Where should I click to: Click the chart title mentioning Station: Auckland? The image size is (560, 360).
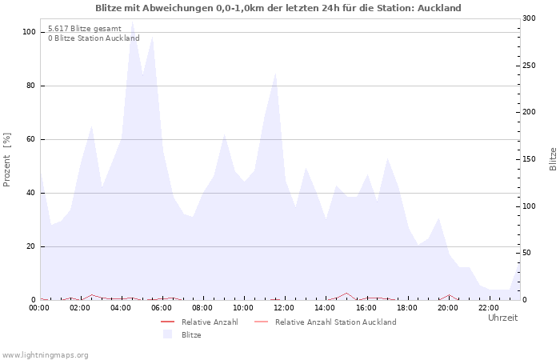[x=278, y=8]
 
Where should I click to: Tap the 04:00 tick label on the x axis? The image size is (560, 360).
[x=122, y=308]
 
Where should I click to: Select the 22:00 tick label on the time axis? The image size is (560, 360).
[x=488, y=308]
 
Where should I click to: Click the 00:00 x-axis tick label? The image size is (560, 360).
[x=40, y=308]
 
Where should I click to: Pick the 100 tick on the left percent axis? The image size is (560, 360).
[x=30, y=32]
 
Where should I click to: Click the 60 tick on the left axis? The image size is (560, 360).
[x=31, y=139]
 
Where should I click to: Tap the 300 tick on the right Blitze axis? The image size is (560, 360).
[x=530, y=18]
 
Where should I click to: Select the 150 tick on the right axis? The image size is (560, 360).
[x=530, y=159]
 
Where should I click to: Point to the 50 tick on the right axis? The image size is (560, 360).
[x=527, y=253]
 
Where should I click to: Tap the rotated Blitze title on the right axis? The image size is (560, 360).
[x=553, y=158]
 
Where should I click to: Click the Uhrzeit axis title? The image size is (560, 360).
[x=502, y=318]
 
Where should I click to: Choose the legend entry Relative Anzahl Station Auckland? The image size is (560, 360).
[x=335, y=322]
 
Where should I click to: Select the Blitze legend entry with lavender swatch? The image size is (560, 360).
[x=191, y=335]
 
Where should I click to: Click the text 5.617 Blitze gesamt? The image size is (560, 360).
[x=85, y=28]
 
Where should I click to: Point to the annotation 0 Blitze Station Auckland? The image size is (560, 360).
[x=94, y=38]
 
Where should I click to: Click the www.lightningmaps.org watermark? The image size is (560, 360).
[x=45, y=354]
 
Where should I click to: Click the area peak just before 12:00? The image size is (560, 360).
[x=275, y=74]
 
